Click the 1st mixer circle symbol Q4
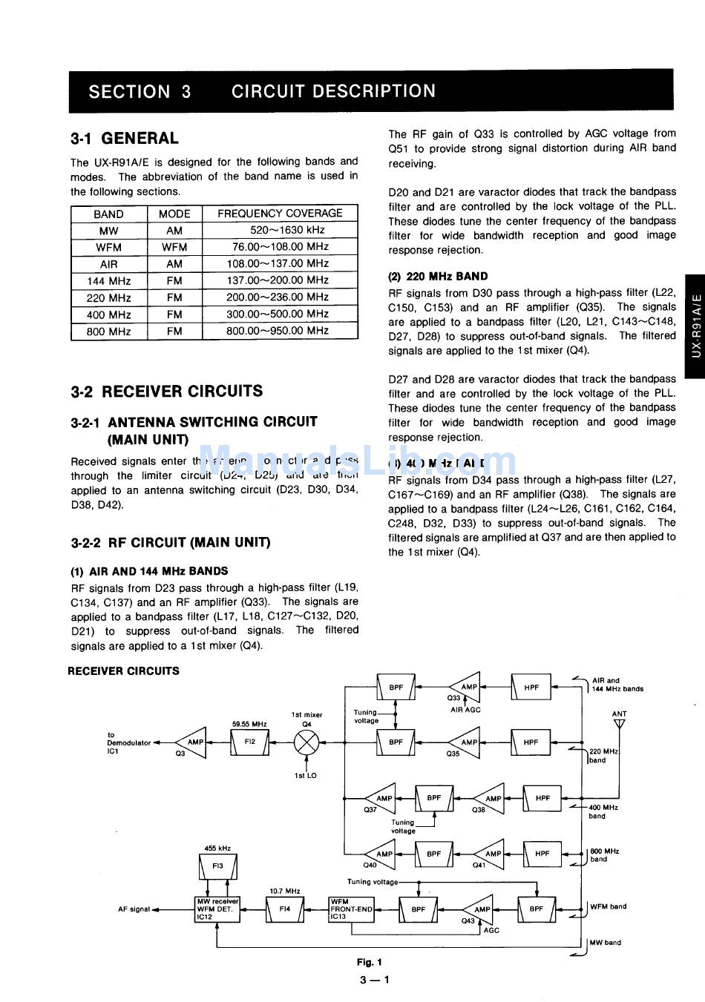(x=307, y=742)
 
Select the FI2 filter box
(x=249, y=742)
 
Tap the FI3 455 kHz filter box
(x=218, y=866)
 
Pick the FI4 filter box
(x=285, y=909)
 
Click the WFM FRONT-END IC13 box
(x=352, y=909)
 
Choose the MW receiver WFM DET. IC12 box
(x=217, y=909)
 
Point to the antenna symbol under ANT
(x=620, y=724)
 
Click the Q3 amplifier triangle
(x=192, y=742)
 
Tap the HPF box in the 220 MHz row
(x=531, y=742)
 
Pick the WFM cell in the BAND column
(x=109, y=247)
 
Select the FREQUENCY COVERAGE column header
(x=280, y=214)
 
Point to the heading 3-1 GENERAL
(x=125, y=139)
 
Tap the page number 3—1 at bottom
(x=374, y=980)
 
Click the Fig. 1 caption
(x=370, y=962)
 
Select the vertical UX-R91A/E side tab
(x=695, y=326)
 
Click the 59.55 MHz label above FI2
(x=249, y=724)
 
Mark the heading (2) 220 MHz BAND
(x=438, y=277)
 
